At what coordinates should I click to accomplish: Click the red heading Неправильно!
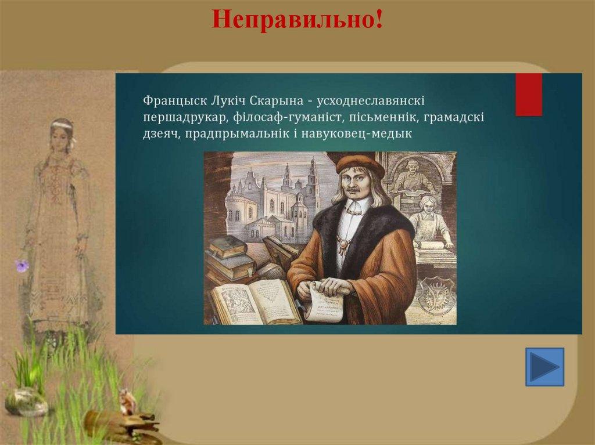point(297,19)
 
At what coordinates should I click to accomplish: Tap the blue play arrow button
point(544,367)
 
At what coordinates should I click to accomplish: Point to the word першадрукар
point(185,118)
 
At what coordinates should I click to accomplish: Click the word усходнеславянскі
point(370,101)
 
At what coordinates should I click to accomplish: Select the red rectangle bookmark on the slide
point(529,95)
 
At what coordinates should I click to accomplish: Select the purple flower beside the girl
point(22,265)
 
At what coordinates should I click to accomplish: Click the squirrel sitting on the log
point(128,403)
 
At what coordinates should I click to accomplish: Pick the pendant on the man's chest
point(343,244)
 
